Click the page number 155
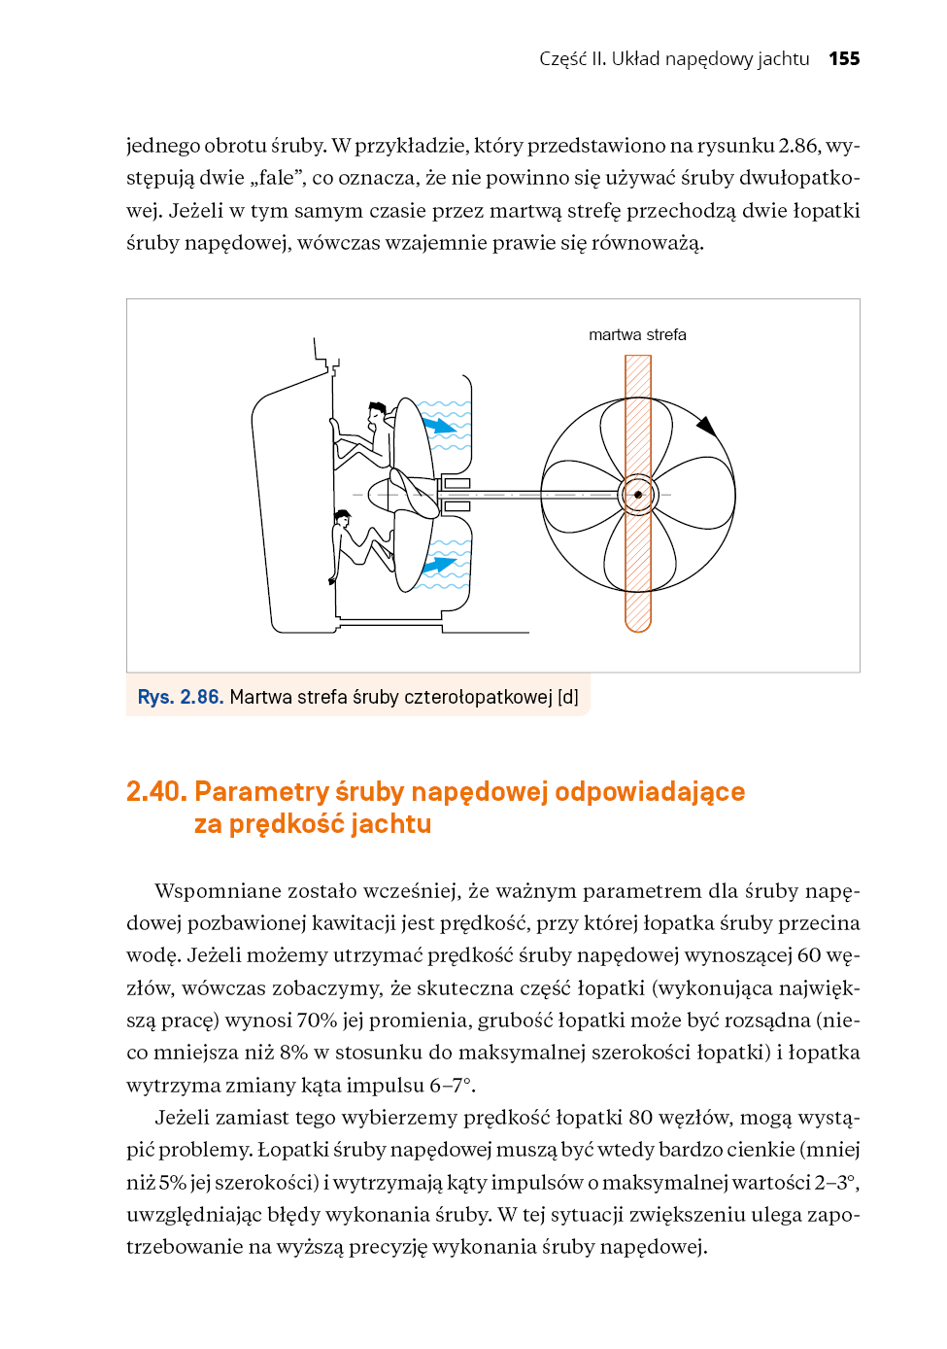pyautogui.click(x=844, y=58)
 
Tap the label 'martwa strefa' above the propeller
pyautogui.click(x=637, y=334)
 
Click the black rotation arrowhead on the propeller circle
pyautogui.click(x=707, y=426)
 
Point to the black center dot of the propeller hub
pyautogui.click(x=638, y=495)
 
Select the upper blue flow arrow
pyautogui.click(x=440, y=424)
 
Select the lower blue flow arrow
pyautogui.click(x=440, y=564)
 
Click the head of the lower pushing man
pyautogui.click(x=342, y=518)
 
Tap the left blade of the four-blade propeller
pyautogui.click(x=581, y=495)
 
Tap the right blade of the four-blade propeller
pyautogui.click(x=695, y=495)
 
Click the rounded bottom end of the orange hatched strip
pyautogui.click(x=638, y=622)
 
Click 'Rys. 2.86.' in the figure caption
pyautogui.click(x=181, y=697)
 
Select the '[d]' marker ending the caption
pyautogui.click(x=568, y=697)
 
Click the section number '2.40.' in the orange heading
pyautogui.click(x=156, y=792)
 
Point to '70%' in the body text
pyautogui.click(x=317, y=1020)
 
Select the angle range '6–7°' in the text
pyautogui.click(x=452, y=1086)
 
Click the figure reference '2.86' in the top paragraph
pyautogui.click(x=798, y=146)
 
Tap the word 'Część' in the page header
pyautogui.click(x=563, y=58)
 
